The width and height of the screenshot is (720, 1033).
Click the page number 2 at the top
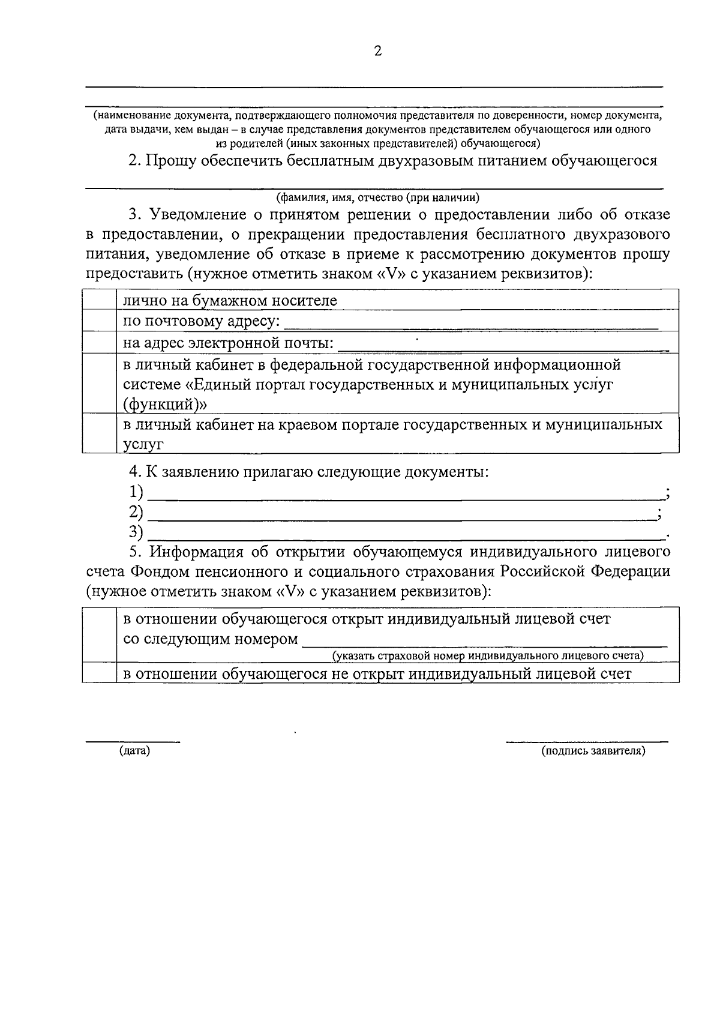377,51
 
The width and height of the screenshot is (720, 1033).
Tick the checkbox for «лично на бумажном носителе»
99,300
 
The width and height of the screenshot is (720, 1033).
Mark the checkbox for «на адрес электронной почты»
99,342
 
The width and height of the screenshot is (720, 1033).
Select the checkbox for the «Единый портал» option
99,383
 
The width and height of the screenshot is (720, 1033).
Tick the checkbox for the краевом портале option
99,433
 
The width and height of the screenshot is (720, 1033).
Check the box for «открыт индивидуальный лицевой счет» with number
99,634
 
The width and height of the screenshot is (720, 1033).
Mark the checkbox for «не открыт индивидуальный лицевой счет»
99,672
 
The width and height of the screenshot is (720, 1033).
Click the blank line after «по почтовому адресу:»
471,327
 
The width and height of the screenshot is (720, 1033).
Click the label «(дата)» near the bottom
134,751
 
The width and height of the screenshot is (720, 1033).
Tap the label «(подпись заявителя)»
593,751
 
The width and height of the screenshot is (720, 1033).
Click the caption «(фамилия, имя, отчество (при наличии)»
377,197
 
